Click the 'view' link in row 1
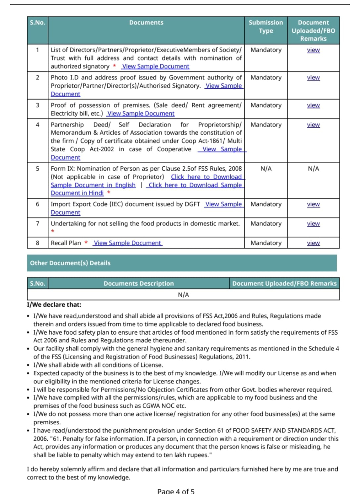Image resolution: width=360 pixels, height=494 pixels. (x=313, y=50)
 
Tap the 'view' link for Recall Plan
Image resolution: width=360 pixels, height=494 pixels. (x=313, y=243)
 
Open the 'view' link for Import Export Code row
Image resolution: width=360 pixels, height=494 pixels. (x=313, y=204)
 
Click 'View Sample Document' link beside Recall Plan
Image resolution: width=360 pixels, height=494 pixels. (x=128, y=243)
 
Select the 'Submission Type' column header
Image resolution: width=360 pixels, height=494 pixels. (x=266, y=27)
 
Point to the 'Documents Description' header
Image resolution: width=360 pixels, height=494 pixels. (x=138, y=283)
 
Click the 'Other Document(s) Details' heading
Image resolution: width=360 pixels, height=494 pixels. (x=70, y=263)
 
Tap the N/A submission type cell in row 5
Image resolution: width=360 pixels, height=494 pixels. (x=266, y=169)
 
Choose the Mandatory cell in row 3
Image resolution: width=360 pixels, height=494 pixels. (x=266, y=105)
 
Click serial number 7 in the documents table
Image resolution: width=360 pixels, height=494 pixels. (x=37, y=224)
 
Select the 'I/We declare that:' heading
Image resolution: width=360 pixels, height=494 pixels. (x=54, y=305)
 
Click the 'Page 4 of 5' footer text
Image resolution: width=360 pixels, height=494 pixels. (x=176, y=491)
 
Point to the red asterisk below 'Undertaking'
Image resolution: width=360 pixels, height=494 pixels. (x=53, y=231)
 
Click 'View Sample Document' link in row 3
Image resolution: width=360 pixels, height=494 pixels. (x=141, y=113)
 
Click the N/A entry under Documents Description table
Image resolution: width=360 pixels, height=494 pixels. (x=183, y=295)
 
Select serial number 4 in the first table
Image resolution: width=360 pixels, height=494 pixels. (x=37, y=125)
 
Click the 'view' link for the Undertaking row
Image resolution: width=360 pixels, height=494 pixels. (x=313, y=224)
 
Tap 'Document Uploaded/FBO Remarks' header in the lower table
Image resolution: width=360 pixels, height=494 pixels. (x=284, y=283)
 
